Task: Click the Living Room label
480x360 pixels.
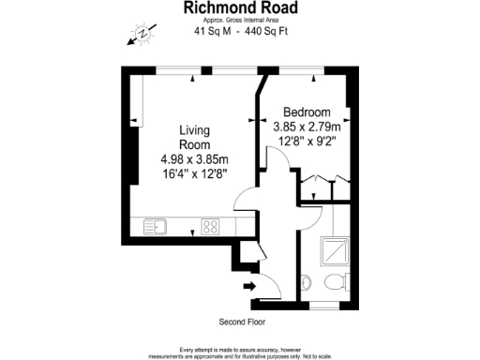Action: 195,138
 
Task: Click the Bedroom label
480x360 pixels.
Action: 307,110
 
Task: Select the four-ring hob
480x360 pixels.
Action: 210,226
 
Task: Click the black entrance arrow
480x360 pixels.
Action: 249,285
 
